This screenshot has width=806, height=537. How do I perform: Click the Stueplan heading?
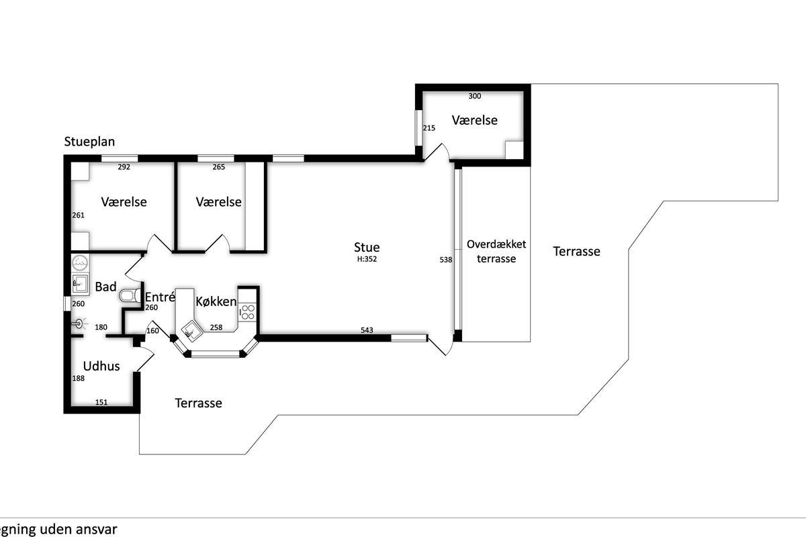(89, 142)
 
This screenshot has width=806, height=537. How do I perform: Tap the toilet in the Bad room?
(130, 295)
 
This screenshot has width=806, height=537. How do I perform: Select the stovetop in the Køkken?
(248, 312)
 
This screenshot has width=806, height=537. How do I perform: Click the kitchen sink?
(191, 330)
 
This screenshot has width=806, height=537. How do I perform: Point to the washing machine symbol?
(80, 263)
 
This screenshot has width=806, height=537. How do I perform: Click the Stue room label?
(367, 247)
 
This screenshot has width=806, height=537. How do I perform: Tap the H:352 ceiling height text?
(367, 259)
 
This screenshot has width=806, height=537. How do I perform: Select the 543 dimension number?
(367, 330)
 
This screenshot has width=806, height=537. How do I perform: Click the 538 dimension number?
(445, 260)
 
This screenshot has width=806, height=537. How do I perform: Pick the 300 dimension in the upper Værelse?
(475, 96)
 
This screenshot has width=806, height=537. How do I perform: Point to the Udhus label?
(101, 366)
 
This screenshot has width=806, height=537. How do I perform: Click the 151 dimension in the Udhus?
(101, 402)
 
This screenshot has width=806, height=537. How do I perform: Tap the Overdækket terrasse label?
(496, 252)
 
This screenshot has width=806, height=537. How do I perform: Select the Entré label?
(160, 297)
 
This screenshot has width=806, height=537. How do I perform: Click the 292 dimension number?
(124, 167)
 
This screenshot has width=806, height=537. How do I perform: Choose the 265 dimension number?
(218, 167)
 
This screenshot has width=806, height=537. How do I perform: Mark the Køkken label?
(216, 301)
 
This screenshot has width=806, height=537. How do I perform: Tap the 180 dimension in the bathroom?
(101, 328)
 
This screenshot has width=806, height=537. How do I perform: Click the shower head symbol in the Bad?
(79, 324)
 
